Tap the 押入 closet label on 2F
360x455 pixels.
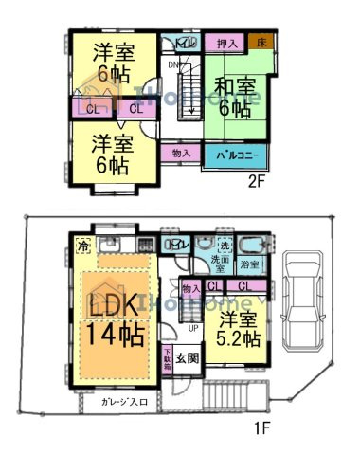pos(226,44)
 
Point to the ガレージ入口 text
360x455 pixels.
pos(124,402)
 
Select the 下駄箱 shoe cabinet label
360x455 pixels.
pos(168,359)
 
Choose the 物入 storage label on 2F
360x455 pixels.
pos(181,152)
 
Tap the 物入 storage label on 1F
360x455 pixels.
pos(189,287)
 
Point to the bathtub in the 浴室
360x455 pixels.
pos(252,245)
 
